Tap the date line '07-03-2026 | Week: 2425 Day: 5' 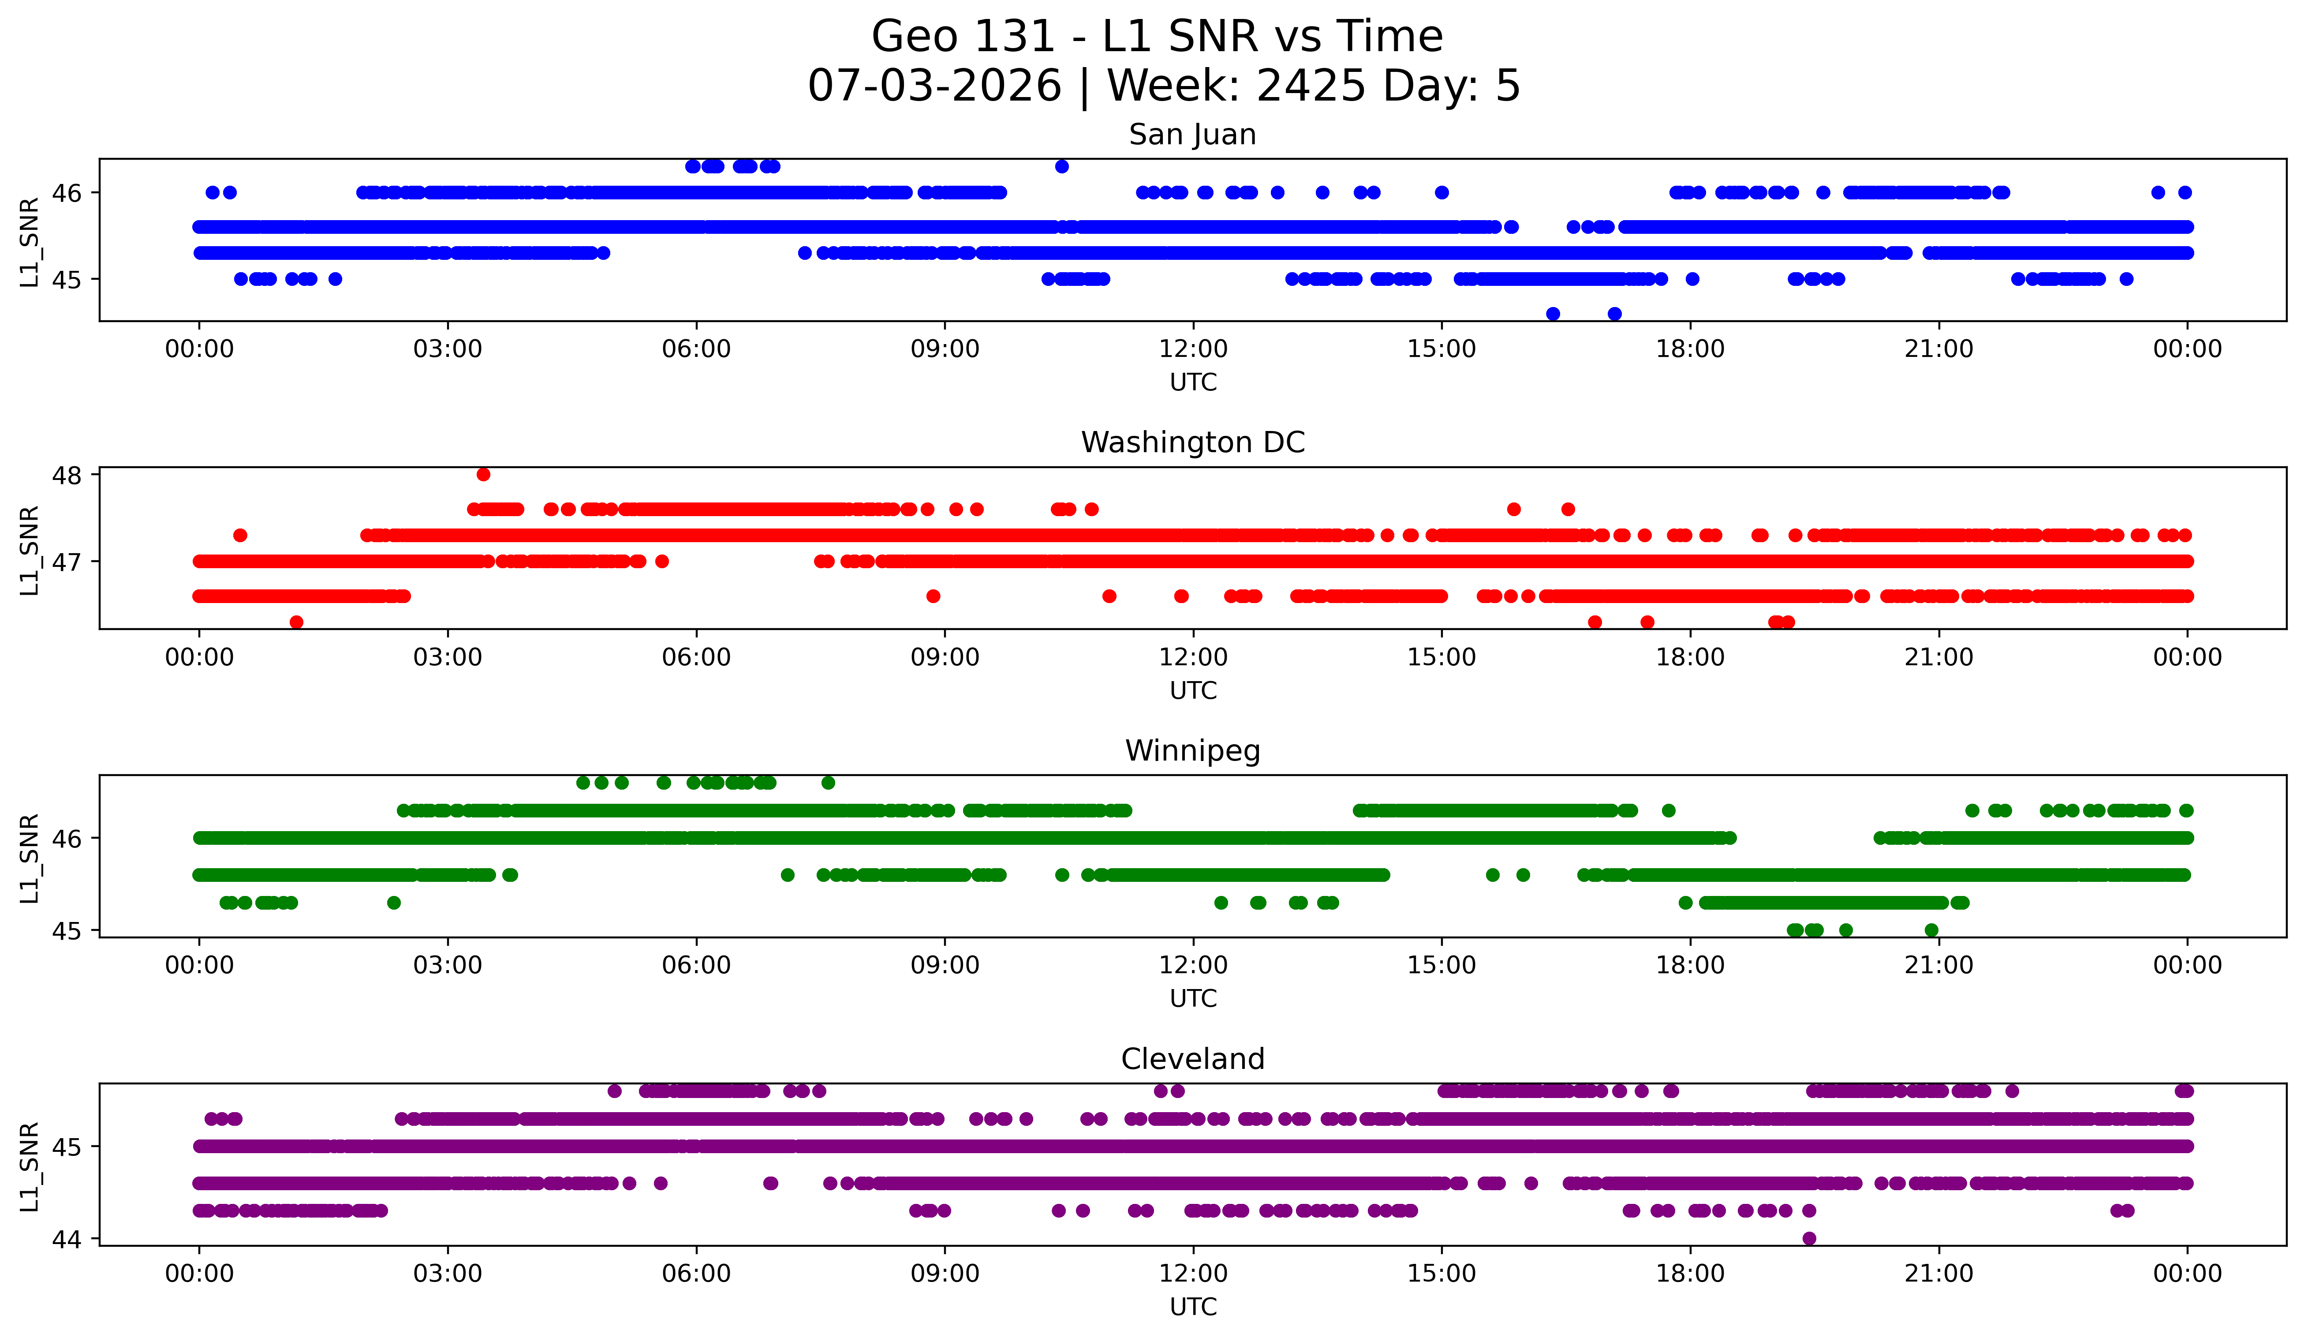click(x=1164, y=85)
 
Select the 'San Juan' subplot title click(x=1192, y=135)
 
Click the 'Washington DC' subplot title click(x=1192, y=442)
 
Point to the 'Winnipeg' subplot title click(x=1192, y=751)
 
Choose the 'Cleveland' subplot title click(x=1192, y=1059)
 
